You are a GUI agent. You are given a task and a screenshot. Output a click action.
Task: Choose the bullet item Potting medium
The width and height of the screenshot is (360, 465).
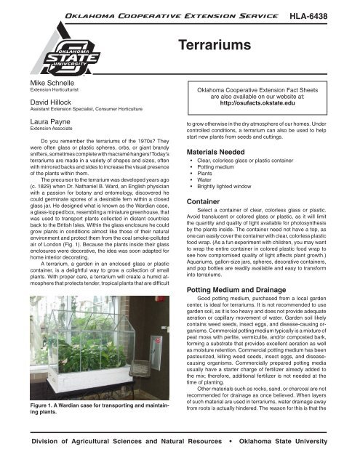click(221, 187)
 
